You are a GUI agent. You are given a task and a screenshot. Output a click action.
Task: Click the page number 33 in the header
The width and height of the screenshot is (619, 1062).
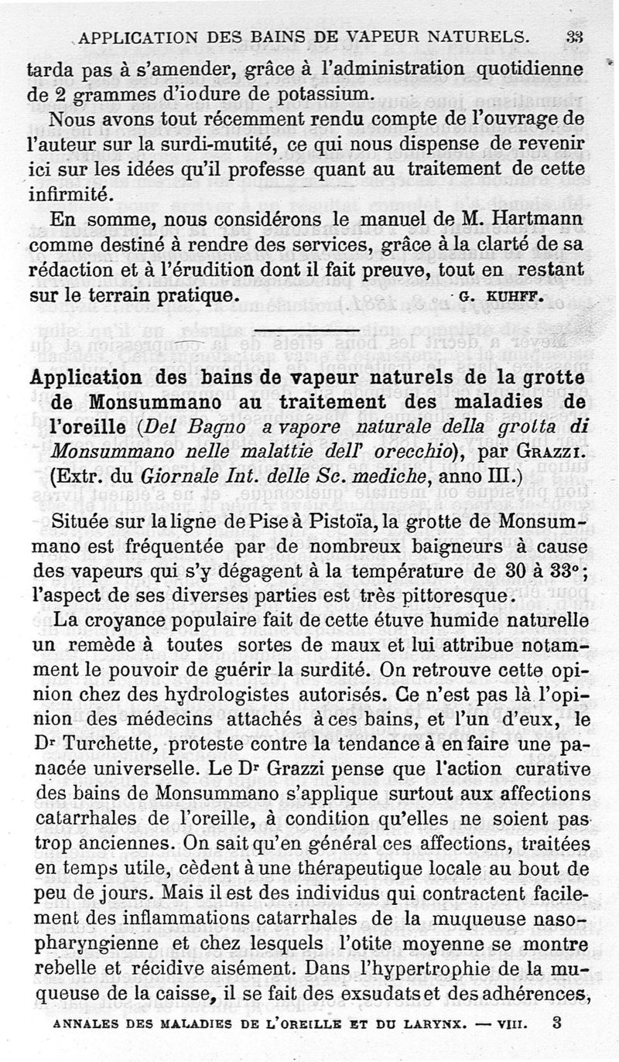573,36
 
